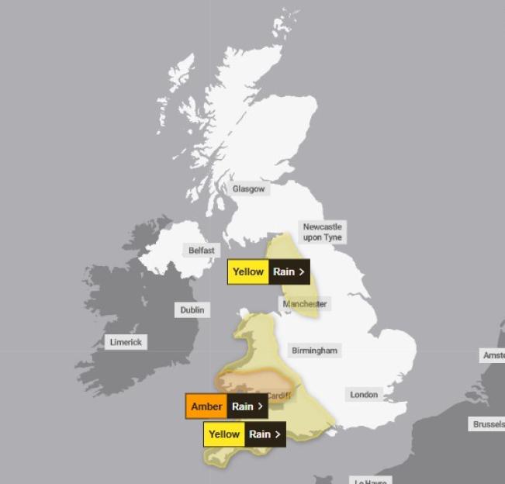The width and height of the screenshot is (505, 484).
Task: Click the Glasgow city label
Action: click(x=248, y=188)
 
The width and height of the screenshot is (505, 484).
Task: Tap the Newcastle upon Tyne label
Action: click(x=323, y=232)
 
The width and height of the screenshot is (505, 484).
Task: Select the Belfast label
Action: click(x=202, y=251)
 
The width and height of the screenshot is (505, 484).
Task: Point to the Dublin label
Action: click(x=192, y=309)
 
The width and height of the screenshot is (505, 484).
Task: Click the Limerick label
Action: click(x=126, y=342)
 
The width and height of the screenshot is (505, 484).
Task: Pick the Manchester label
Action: click(x=305, y=304)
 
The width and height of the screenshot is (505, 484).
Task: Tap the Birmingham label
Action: click(x=314, y=351)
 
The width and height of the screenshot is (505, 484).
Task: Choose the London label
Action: click(x=364, y=395)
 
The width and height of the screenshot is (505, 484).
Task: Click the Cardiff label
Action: click(x=278, y=396)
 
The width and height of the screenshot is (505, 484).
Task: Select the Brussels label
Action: click(x=488, y=424)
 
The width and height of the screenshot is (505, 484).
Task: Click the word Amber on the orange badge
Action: click(x=206, y=406)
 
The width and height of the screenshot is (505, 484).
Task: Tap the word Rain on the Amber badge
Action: click(x=243, y=406)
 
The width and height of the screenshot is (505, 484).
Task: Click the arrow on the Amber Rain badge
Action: click(x=260, y=406)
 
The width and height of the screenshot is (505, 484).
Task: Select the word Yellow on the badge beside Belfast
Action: click(x=248, y=272)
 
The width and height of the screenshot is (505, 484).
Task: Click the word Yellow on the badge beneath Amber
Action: click(x=224, y=434)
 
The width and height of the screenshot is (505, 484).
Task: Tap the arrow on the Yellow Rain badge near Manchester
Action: click(x=301, y=272)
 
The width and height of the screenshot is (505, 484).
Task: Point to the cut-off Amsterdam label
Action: click(x=493, y=355)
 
